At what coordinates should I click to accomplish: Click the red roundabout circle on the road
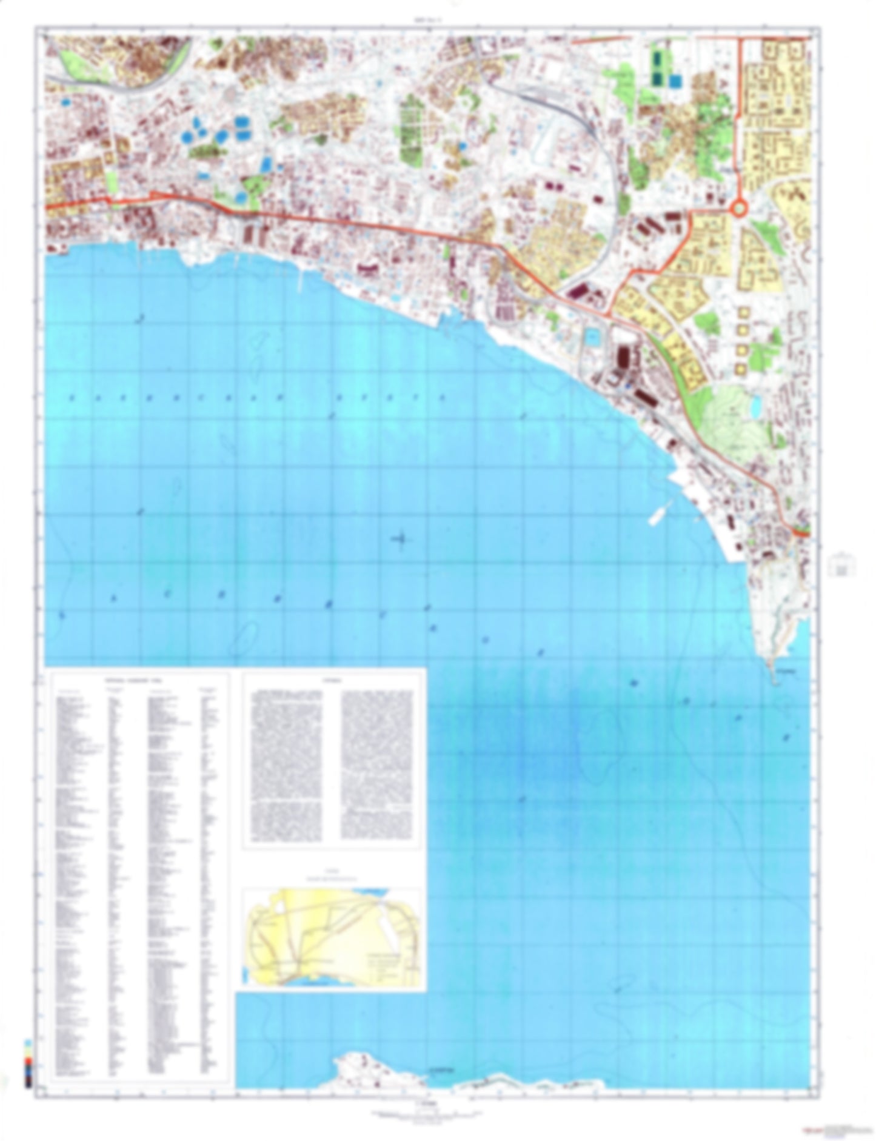(739, 209)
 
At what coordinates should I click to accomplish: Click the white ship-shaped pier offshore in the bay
(657, 512)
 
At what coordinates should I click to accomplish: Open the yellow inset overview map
(332, 939)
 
